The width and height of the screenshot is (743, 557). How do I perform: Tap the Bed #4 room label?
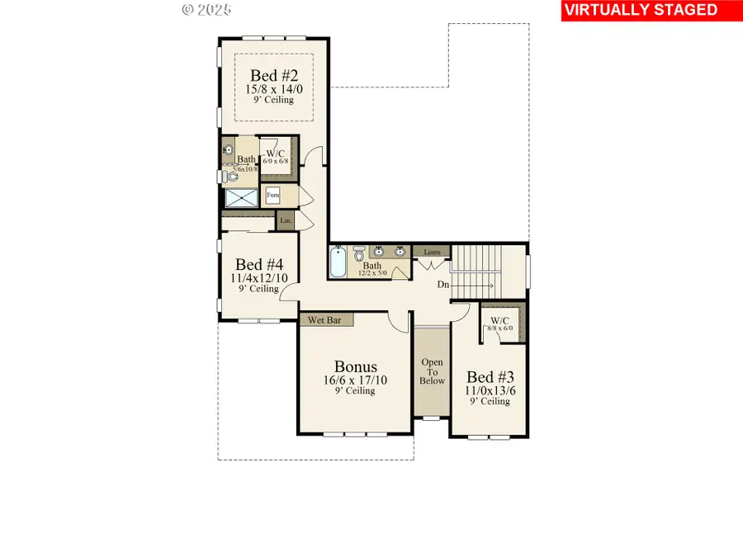259,265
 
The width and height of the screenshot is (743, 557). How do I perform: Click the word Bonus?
355,366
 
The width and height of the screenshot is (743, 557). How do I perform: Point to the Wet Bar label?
325,319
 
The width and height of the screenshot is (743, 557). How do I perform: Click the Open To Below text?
432,371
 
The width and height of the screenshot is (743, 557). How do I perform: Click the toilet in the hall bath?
359,255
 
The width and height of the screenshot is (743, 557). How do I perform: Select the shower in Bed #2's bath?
241,198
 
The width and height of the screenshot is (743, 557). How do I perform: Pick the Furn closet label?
272,196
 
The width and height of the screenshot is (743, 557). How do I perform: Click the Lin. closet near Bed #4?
286,220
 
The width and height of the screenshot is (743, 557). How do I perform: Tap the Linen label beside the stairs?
432,252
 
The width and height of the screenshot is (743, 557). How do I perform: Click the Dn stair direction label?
443,286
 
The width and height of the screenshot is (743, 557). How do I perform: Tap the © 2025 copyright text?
206,10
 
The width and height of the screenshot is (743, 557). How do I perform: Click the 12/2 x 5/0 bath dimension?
373,273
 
